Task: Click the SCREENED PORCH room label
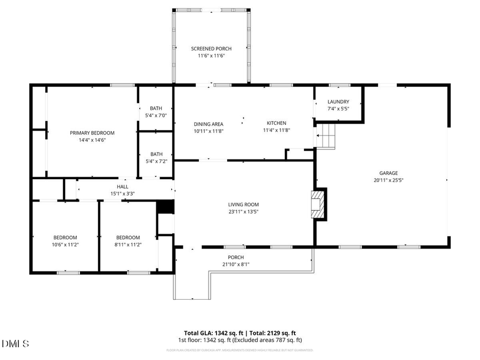click(x=211, y=49)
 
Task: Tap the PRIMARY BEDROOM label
click(x=92, y=133)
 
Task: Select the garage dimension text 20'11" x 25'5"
click(x=388, y=180)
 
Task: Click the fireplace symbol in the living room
click(x=319, y=204)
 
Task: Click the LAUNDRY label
click(x=338, y=101)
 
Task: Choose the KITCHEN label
click(x=276, y=123)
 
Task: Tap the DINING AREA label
click(x=208, y=124)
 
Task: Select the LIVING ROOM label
click(x=243, y=204)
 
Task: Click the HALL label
click(x=123, y=187)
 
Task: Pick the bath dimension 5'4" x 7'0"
click(x=156, y=115)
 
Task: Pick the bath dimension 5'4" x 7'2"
click(x=156, y=161)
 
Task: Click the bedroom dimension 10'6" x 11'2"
click(x=65, y=245)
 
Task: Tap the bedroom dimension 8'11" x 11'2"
click(x=128, y=245)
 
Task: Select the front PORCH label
click(x=236, y=257)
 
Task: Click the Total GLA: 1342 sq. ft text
click(x=209, y=332)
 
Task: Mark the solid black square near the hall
click(x=165, y=207)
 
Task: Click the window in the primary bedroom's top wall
click(x=122, y=85)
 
